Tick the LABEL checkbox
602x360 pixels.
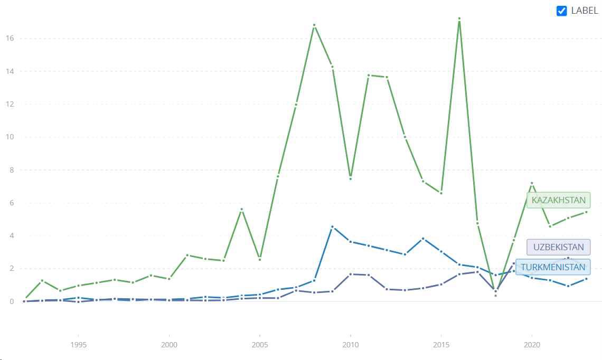pyautogui.click(x=562, y=11)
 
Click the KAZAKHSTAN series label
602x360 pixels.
pyautogui.click(x=558, y=200)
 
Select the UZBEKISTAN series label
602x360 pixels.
pyautogui.click(x=558, y=247)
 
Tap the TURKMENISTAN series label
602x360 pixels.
pyautogui.click(x=553, y=267)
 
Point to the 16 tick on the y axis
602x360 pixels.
pyautogui.click(x=10, y=39)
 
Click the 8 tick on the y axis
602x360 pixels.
pyautogui.click(x=10, y=170)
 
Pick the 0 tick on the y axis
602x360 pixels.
pyautogui.click(x=10, y=301)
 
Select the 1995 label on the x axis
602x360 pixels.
pyautogui.click(x=79, y=345)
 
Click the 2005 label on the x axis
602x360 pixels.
pyautogui.click(x=260, y=345)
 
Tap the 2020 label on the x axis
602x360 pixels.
pyautogui.click(x=532, y=345)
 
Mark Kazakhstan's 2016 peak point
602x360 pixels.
pyautogui.click(x=459, y=18)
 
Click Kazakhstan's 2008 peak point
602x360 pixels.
pyautogui.click(x=314, y=25)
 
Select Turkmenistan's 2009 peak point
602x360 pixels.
pyautogui.click(x=332, y=226)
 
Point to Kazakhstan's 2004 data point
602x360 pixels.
pyautogui.click(x=241, y=209)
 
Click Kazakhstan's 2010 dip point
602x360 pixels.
pyautogui.click(x=350, y=178)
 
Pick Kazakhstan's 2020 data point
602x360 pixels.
pyautogui.click(x=532, y=183)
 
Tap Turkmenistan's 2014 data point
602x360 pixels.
pyautogui.click(x=423, y=239)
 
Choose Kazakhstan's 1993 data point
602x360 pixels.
pyautogui.click(x=42, y=280)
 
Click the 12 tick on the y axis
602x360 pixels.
pyautogui.click(x=10, y=104)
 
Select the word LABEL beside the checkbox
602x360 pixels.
pyautogui.click(x=585, y=11)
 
